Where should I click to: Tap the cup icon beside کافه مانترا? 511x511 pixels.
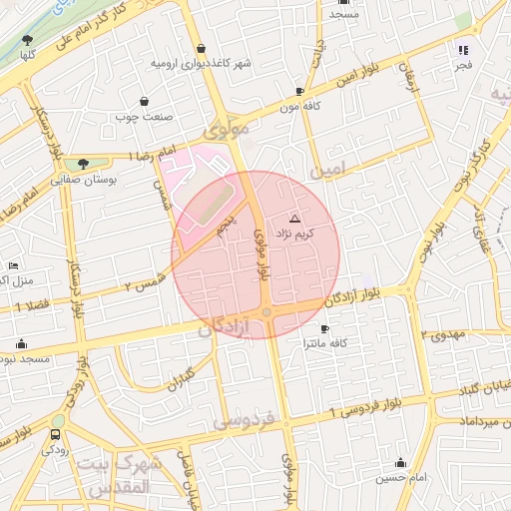click(x=323, y=328)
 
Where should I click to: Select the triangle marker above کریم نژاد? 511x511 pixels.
click(x=293, y=218)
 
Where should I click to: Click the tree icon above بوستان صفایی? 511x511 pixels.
click(x=83, y=164)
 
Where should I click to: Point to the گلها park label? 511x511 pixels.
click(x=27, y=55)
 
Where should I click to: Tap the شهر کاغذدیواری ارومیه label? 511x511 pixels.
click(x=202, y=63)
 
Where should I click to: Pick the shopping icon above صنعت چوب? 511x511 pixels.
click(x=146, y=101)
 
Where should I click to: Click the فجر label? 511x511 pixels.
click(x=461, y=64)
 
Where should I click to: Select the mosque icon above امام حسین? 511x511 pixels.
click(x=400, y=462)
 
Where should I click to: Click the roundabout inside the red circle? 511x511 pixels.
click(x=266, y=314)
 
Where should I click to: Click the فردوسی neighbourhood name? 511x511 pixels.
click(x=246, y=419)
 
